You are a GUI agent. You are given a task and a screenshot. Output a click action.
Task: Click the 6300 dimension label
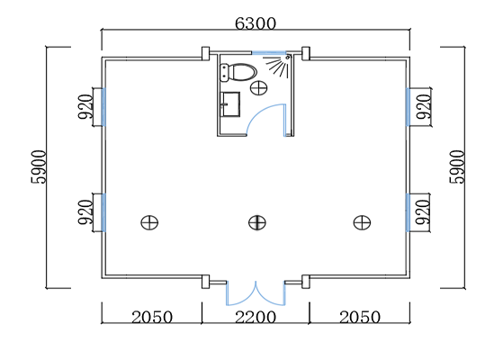256,23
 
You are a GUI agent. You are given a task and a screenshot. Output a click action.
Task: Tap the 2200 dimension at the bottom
256,317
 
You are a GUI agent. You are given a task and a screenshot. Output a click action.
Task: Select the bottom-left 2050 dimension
152,317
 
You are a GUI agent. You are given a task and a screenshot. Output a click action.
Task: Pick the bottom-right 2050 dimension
360,317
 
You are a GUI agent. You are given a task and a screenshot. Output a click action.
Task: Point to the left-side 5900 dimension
39,167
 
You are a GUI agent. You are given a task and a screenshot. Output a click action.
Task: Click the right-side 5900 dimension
457,167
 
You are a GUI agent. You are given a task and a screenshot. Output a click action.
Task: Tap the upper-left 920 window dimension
85,106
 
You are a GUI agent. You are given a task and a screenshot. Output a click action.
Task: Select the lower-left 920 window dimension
85,212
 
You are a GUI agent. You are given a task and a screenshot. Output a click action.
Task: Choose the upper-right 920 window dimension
423,106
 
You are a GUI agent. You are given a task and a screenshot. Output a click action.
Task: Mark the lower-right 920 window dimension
423,212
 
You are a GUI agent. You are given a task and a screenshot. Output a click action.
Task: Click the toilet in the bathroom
238,72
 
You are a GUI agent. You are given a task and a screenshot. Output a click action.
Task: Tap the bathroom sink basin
230,104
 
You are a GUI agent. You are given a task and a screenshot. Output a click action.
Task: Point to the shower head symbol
277,66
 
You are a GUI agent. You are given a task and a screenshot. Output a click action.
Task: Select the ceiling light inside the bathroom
259,87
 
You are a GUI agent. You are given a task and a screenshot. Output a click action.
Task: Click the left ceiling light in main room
149,222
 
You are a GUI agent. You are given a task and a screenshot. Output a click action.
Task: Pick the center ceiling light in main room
257,222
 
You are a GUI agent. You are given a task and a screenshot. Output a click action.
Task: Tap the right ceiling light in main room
362,222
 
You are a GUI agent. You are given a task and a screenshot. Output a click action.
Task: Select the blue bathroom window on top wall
268,52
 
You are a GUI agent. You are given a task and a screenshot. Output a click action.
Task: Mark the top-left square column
205,53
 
